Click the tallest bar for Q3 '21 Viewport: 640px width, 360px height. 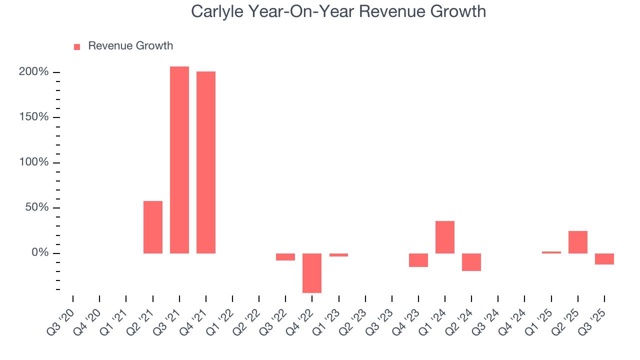point(179,160)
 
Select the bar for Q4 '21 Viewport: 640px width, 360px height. point(206,162)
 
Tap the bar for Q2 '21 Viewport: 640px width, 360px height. point(153,227)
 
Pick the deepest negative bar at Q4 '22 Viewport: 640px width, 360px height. point(312,273)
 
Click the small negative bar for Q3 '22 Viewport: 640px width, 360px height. point(285,257)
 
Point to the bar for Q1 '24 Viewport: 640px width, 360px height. point(445,237)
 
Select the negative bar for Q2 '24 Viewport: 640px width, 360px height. point(471,262)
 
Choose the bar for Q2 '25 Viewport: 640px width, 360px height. point(578,242)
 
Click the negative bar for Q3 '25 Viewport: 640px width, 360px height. point(604,259)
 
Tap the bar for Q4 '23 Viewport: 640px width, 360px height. point(418,260)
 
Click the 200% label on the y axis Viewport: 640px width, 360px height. point(34,72)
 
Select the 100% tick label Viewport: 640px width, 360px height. point(34,162)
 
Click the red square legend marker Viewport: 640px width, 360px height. point(77,47)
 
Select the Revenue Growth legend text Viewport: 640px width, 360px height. point(130,46)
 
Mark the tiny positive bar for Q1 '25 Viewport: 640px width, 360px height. point(551,252)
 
